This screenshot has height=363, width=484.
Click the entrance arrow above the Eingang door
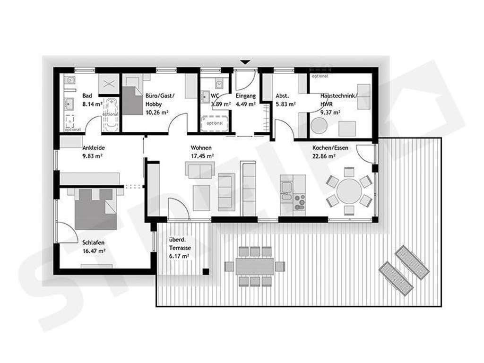click(245, 62)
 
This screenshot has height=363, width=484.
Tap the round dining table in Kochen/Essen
click(349, 190)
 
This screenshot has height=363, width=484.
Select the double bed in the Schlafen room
click(96, 208)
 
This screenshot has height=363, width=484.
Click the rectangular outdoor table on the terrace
click(255, 266)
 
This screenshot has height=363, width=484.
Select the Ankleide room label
click(93, 147)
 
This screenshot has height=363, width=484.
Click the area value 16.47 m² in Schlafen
click(93, 251)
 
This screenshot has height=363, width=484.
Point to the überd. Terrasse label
click(179, 249)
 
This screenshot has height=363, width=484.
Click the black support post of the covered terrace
click(206, 271)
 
